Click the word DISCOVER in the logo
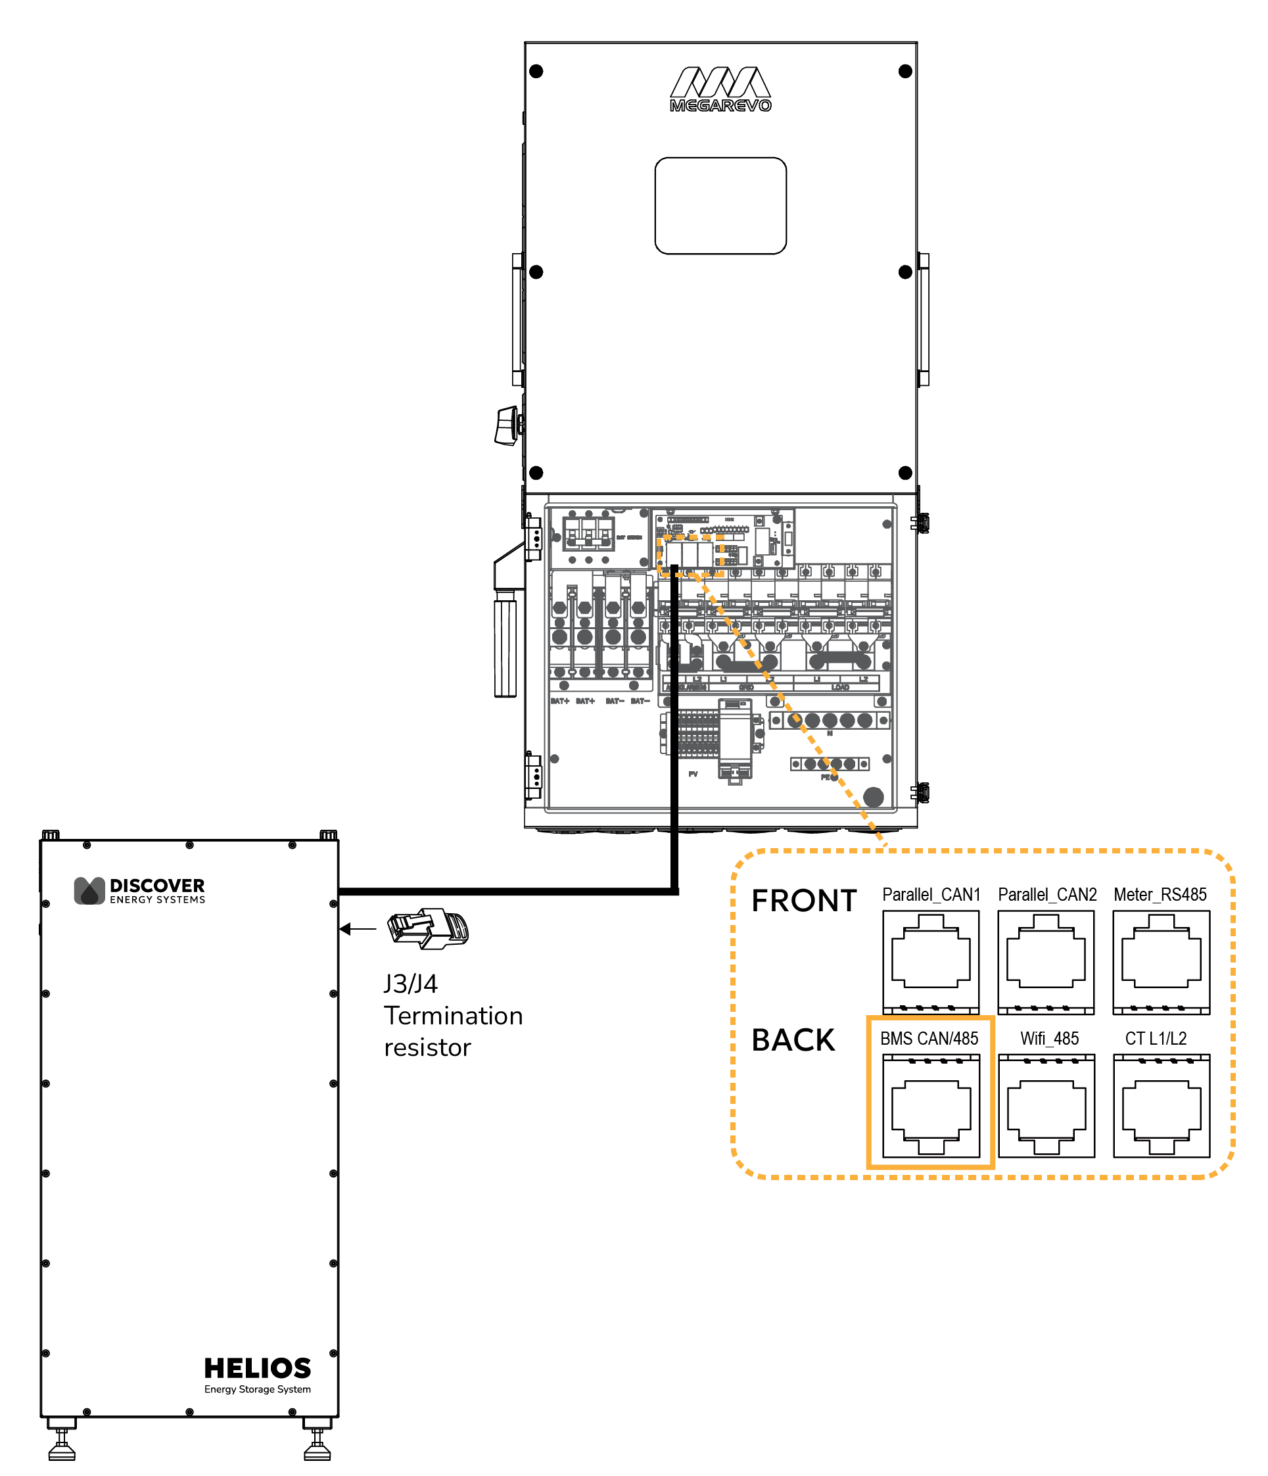(x=156, y=886)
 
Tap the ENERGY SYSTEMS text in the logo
(x=157, y=899)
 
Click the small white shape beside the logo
(x=435, y=923)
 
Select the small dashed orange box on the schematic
(x=690, y=556)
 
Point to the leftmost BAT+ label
(x=560, y=701)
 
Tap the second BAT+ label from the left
(x=585, y=701)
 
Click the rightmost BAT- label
(x=640, y=701)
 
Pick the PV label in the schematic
(x=693, y=774)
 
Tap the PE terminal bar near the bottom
(x=830, y=764)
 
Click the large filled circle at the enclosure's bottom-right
(x=874, y=797)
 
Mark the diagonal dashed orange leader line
(x=791, y=712)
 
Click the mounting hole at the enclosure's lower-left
(x=555, y=759)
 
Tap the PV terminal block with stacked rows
(x=698, y=733)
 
